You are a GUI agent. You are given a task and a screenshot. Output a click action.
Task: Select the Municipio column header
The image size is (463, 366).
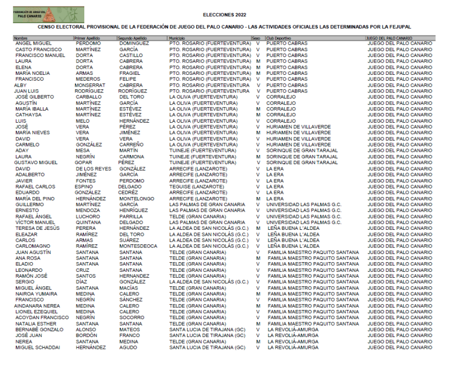177,38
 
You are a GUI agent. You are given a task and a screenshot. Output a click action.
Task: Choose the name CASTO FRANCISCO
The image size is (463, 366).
38,50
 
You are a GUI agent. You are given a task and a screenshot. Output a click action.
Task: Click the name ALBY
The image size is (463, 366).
20,85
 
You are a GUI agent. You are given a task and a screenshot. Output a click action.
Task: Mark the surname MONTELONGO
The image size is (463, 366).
136,199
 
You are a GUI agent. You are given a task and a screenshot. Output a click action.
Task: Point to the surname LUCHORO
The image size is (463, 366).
88,216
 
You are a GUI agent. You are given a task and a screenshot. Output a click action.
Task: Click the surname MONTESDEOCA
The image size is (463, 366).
138,246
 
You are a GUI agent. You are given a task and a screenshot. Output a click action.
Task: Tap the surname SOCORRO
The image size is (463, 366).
132,318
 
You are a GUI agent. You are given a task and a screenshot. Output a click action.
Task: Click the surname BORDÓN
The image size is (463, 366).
88,335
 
